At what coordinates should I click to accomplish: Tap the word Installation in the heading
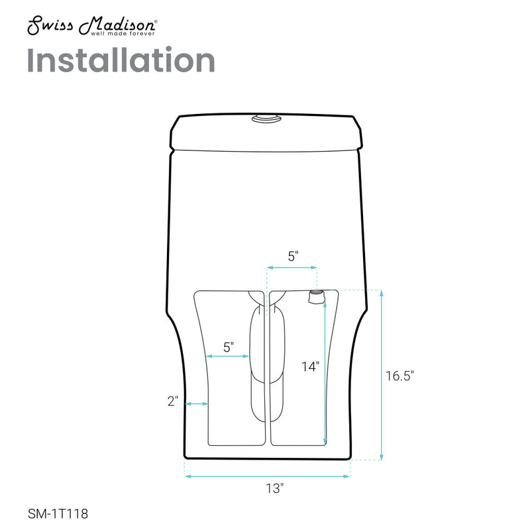(x=121, y=61)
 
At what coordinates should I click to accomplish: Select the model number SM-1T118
(x=58, y=513)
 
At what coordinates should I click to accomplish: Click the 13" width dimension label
(x=268, y=489)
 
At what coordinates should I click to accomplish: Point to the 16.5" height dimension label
(x=399, y=376)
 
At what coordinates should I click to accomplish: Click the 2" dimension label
(x=174, y=401)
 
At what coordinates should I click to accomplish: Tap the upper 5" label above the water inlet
(x=292, y=256)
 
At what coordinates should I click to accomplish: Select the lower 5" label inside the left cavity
(x=229, y=346)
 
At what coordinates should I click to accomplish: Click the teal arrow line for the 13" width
(x=267, y=475)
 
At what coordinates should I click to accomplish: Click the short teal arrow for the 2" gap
(x=197, y=403)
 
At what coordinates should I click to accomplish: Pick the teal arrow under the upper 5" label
(x=291, y=268)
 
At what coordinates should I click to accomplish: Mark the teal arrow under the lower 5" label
(x=229, y=356)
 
